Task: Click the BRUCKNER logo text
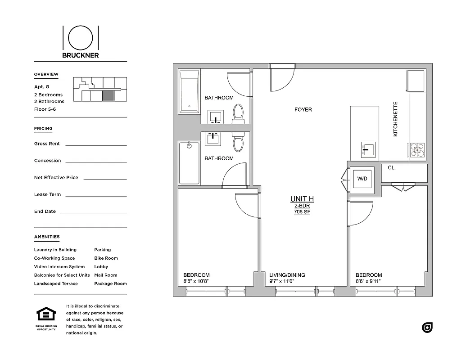pyautogui.click(x=81, y=56)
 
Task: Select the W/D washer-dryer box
pyautogui.click(x=362, y=179)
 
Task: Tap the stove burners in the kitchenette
pyautogui.click(x=416, y=150)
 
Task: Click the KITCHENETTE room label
pyautogui.click(x=396, y=119)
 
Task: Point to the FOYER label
pyautogui.click(x=303, y=109)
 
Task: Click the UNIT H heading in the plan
pyautogui.click(x=302, y=199)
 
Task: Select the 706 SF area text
pyautogui.click(x=302, y=211)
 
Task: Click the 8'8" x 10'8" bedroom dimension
pyautogui.click(x=196, y=282)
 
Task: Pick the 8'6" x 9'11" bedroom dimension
pyautogui.click(x=368, y=282)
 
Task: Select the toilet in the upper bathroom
pyautogui.click(x=238, y=113)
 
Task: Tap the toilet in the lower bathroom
pyautogui.click(x=238, y=142)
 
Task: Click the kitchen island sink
pyautogui.click(x=368, y=149)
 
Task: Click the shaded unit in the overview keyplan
pyautogui.click(x=108, y=96)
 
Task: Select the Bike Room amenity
pyautogui.click(x=106, y=258)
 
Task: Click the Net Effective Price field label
pyautogui.click(x=56, y=178)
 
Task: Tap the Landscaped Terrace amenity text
pyautogui.click(x=56, y=284)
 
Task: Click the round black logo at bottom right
pyautogui.click(x=427, y=328)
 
